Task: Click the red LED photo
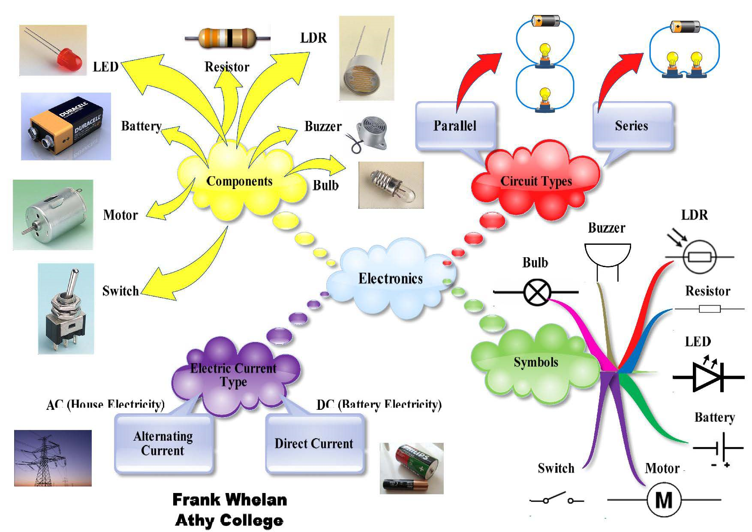[53, 50]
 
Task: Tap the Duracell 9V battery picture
[66, 126]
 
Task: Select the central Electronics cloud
[391, 279]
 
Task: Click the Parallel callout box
[455, 126]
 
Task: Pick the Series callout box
[632, 126]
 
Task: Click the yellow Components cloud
[239, 181]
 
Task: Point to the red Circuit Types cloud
[536, 181]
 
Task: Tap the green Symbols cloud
[536, 363]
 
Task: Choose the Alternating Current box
[163, 444]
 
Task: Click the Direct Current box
[314, 444]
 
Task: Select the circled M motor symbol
[664, 500]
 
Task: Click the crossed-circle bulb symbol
[536, 292]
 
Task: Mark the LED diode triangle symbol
[707, 377]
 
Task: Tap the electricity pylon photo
[53, 458]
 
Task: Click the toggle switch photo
[66, 309]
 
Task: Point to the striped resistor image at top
[227, 38]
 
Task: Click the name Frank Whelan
[230, 500]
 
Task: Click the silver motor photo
[53, 214]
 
